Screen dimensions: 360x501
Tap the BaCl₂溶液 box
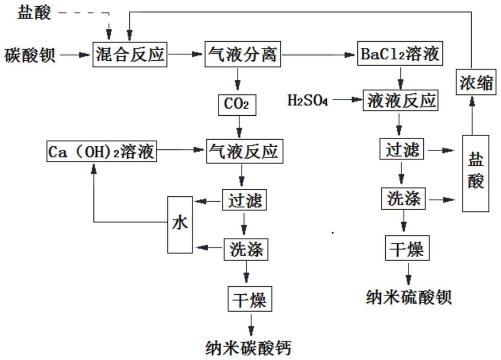[400, 54]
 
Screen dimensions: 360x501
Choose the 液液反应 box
[399, 100]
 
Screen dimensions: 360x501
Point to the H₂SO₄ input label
[307, 100]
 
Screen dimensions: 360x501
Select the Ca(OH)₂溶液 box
[101, 152]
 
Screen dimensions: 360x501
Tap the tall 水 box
[180, 224]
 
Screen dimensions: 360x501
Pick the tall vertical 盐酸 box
[475, 174]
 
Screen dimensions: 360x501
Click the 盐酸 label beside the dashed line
[34, 13]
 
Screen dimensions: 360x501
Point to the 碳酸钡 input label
[30, 55]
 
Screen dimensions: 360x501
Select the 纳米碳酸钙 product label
[249, 347]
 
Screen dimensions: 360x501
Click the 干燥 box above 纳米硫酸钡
[405, 248]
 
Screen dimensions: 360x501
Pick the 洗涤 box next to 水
[246, 249]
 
